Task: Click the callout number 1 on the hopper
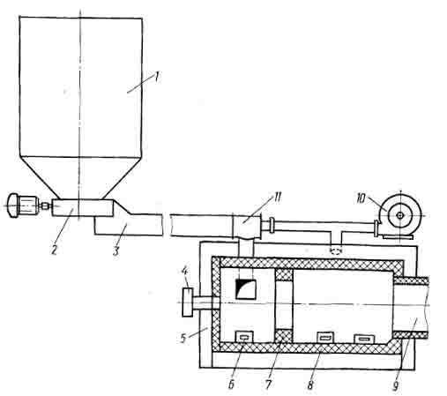[157, 78]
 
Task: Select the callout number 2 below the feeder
[54, 250]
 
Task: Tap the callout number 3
[116, 250]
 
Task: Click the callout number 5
[183, 339]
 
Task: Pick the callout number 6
[231, 384]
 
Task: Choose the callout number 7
[268, 384]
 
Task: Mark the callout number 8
[310, 384]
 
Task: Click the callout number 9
[396, 385]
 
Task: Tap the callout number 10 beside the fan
[361, 198]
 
